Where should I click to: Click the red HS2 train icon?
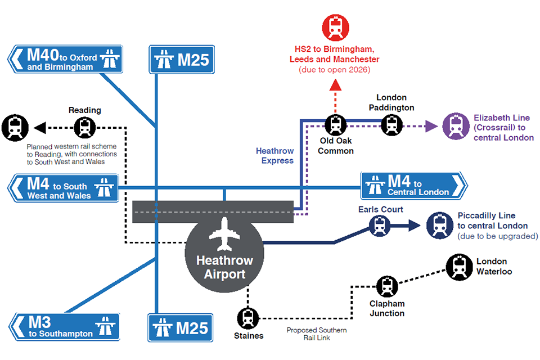336,28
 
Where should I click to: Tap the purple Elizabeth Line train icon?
456,126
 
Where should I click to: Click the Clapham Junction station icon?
386,287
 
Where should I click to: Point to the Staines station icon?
248,318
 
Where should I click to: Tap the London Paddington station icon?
392,125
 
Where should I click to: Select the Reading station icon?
85,128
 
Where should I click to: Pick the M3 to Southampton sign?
65,327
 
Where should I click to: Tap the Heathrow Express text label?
275,156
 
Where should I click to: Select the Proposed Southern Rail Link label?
317,334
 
